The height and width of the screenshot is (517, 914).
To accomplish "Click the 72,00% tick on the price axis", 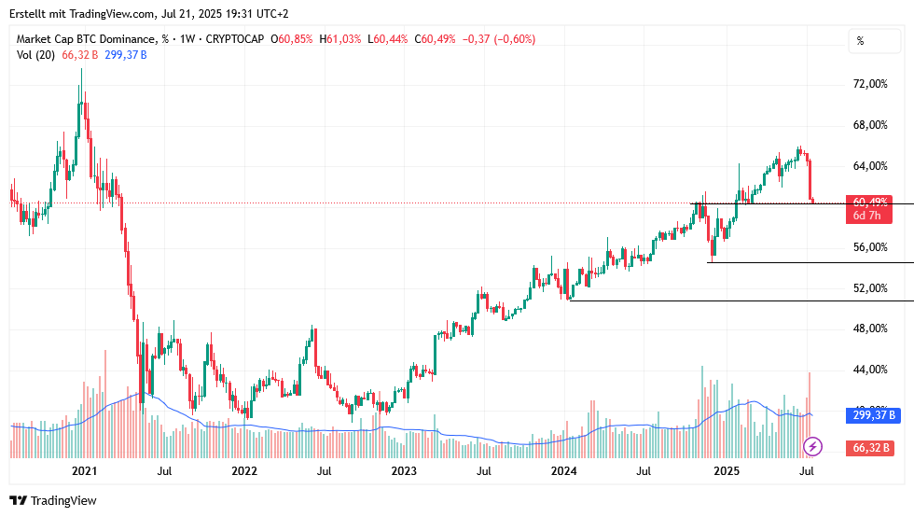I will click(x=871, y=84).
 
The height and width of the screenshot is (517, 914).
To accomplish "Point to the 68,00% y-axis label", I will click(x=871, y=125).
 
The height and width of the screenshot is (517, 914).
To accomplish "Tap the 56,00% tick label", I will click(x=871, y=247).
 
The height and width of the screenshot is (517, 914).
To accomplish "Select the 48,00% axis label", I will click(x=871, y=328).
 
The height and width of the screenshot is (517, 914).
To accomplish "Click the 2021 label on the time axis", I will click(x=85, y=472).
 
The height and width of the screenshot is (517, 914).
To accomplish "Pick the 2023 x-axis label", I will click(x=404, y=472).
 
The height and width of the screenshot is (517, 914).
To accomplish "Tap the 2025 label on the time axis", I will click(x=727, y=472).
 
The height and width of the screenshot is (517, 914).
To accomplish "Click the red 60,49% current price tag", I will click(x=869, y=202).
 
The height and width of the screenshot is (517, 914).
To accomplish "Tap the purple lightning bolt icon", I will click(x=812, y=447).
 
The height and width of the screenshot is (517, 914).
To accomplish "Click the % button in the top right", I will click(x=861, y=41).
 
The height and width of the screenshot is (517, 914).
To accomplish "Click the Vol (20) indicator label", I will click(x=36, y=55).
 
